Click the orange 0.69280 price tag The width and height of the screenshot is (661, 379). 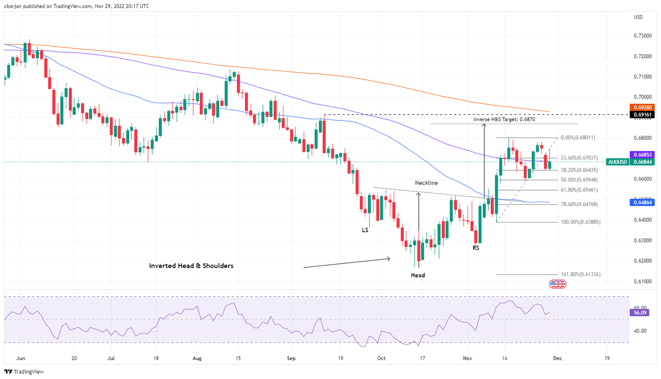tap(642, 107)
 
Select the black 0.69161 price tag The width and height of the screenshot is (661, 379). tap(642, 114)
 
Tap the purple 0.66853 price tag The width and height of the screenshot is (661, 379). tap(642, 154)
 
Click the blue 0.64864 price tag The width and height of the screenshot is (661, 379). tap(642, 202)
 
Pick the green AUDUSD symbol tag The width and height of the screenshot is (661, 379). tap(618, 162)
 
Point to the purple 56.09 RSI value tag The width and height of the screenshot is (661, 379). tap(640, 313)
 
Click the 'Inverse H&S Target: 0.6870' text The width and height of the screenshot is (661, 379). tap(504, 119)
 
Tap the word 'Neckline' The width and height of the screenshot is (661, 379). tap(426, 183)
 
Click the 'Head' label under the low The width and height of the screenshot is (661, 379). tap(417, 275)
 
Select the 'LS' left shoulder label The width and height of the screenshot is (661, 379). tap(365, 230)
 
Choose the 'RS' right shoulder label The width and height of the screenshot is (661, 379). tap(476, 248)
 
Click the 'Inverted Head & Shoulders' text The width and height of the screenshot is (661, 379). tap(191, 266)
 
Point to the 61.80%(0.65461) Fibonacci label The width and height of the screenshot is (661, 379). tap(579, 190)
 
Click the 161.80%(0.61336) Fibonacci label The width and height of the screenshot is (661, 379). tap(581, 274)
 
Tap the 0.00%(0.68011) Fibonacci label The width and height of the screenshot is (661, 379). tap(578, 138)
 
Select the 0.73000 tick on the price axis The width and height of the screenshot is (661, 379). tap(642, 36)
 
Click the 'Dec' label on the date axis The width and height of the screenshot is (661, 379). tap(557, 358)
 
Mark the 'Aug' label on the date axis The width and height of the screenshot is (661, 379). tap(197, 358)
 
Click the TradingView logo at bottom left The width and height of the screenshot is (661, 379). tap(25, 372)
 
